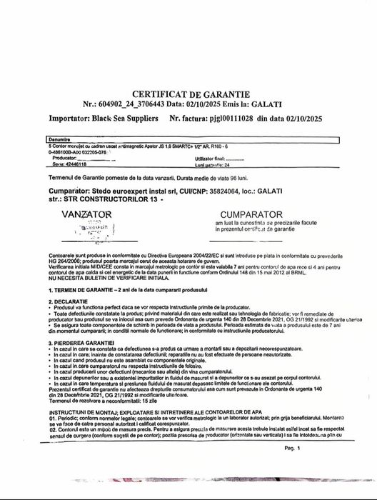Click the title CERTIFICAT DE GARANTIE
pos(188,94)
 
